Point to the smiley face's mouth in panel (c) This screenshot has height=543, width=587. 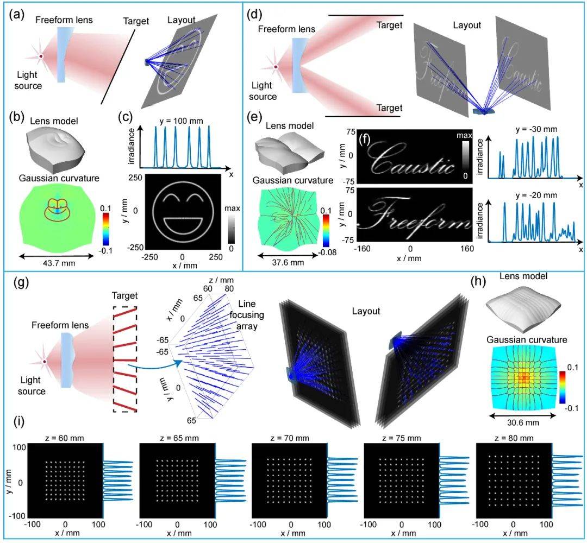(182, 223)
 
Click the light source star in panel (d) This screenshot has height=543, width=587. (276, 67)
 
